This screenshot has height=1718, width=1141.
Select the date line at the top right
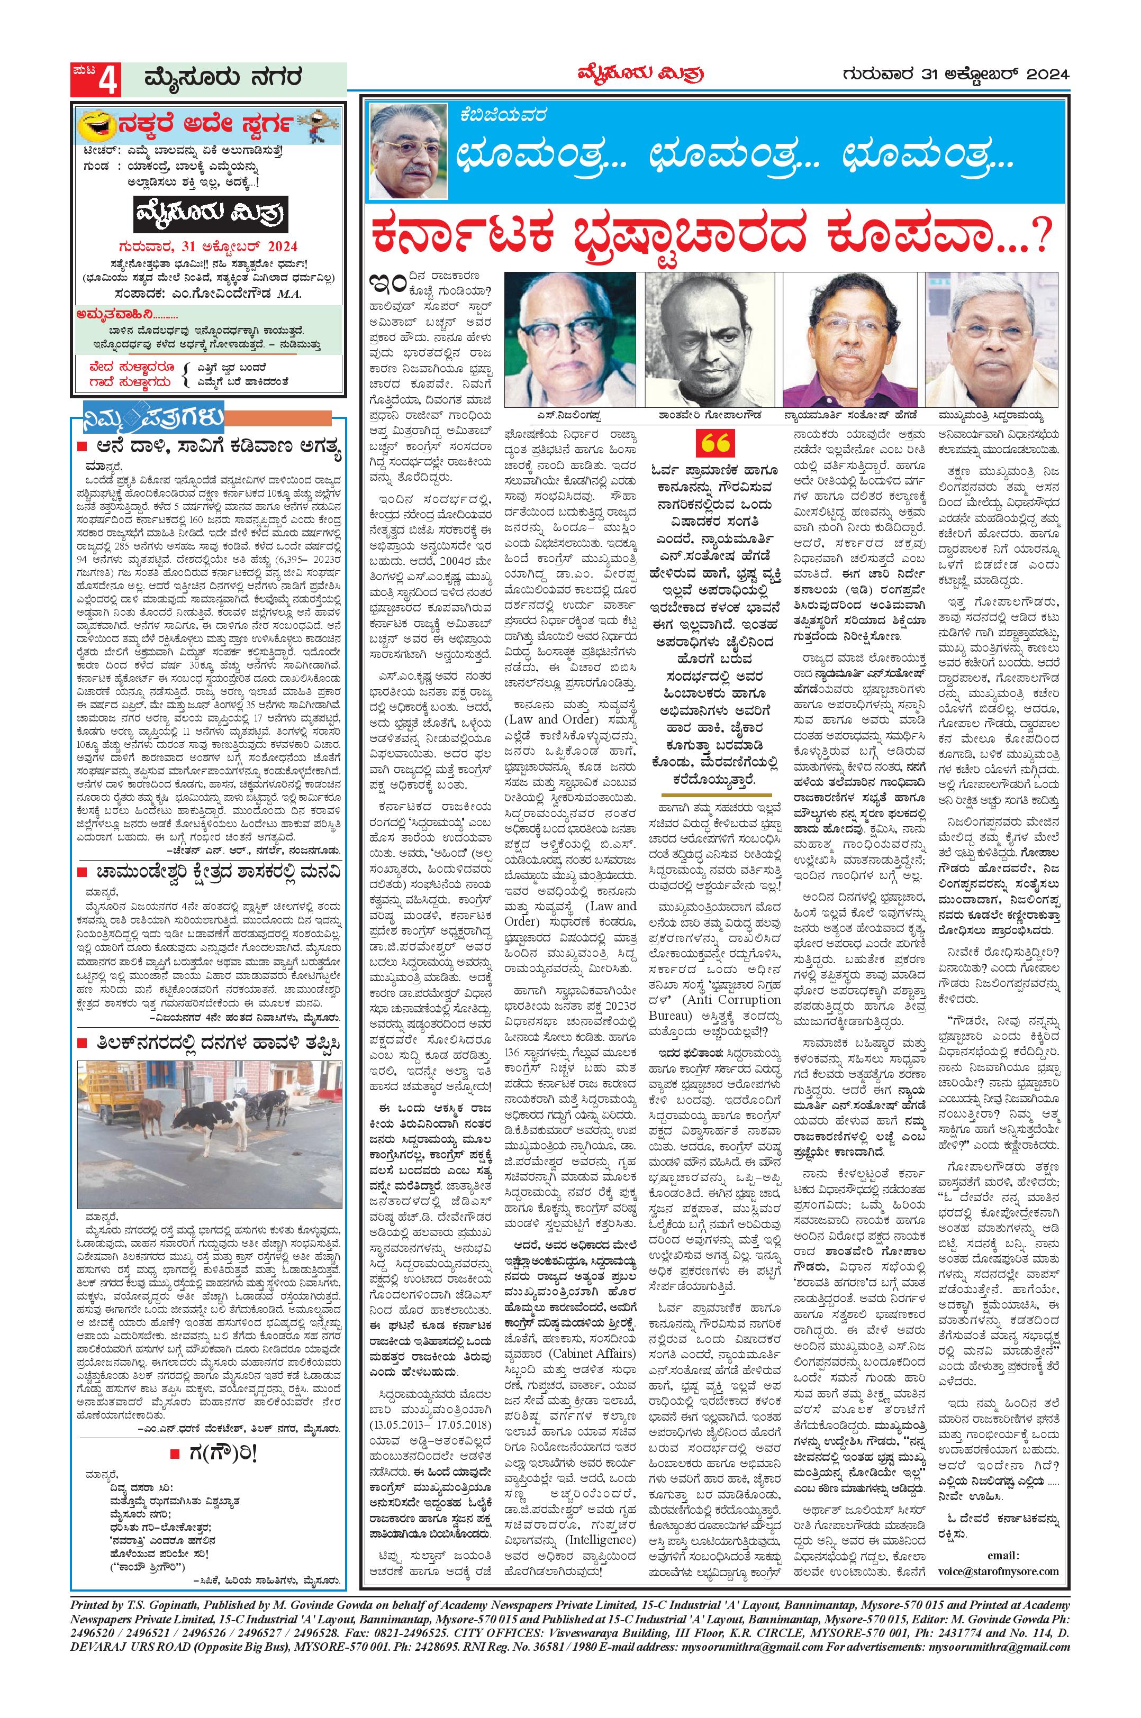pyautogui.click(x=956, y=74)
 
